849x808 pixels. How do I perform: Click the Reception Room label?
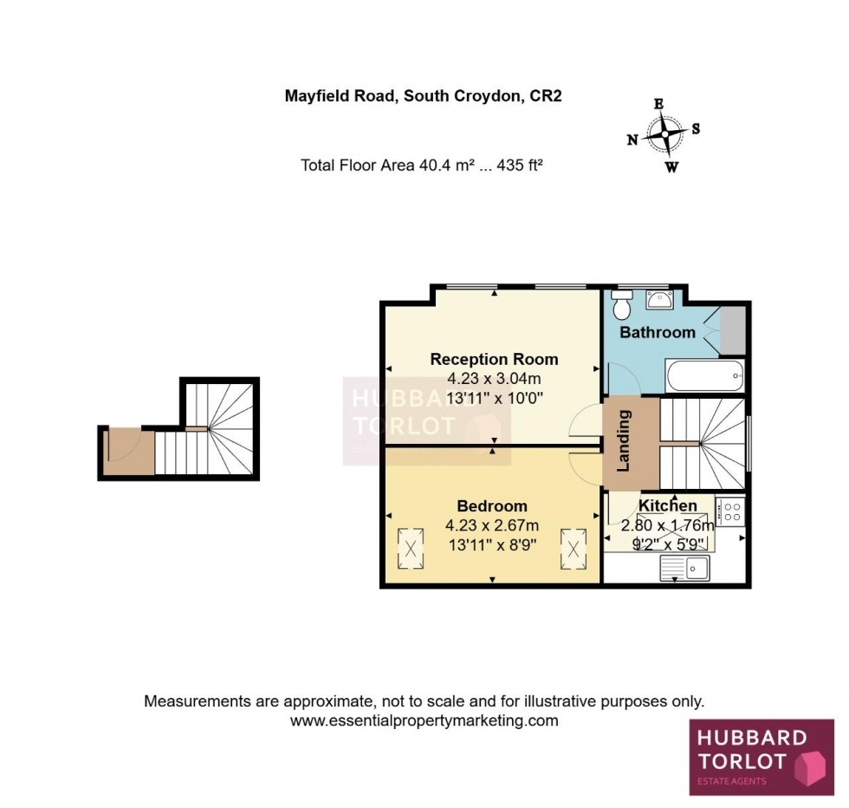pyautogui.click(x=494, y=359)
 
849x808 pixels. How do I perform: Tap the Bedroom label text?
pyautogui.click(x=492, y=506)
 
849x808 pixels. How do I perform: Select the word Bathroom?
pyautogui.click(x=658, y=332)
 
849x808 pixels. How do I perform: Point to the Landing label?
pyautogui.click(x=623, y=440)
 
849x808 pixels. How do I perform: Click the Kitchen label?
pyautogui.click(x=668, y=505)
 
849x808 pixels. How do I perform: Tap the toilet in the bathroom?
pyautogui.click(x=621, y=305)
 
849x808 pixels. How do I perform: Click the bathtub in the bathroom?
pyautogui.click(x=704, y=376)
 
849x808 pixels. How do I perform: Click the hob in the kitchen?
pyautogui.click(x=729, y=511)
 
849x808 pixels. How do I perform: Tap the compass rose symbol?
pyautogui.click(x=664, y=134)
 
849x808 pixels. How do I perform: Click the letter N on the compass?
pyautogui.click(x=632, y=140)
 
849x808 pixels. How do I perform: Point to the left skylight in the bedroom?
pyautogui.click(x=410, y=544)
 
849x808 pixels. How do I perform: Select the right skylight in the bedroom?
pyautogui.click(x=573, y=545)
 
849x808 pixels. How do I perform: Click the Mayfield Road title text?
pyautogui.click(x=424, y=96)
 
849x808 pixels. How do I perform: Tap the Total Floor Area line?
pyautogui.click(x=421, y=165)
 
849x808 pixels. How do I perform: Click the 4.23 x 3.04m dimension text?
pyautogui.click(x=494, y=379)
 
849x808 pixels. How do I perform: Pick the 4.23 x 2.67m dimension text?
pyautogui.click(x=492, y=525)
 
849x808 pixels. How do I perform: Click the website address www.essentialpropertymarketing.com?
pyautogui.click(x=424, y=720)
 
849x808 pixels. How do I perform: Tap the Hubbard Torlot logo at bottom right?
pyautogui.click(x=761, y=758)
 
